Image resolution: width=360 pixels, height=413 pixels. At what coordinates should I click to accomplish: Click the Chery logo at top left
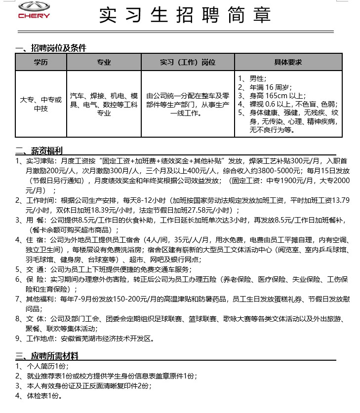(x=34, y=10)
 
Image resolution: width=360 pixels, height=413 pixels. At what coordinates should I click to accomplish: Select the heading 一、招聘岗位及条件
(x=51, y=48)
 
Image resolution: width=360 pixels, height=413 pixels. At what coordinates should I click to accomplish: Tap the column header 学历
(x=40, y=63)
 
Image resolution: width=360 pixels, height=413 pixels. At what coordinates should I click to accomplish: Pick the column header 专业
(x=104, y=63)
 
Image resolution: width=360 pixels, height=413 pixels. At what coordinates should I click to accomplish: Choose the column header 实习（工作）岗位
(x=188, y=63)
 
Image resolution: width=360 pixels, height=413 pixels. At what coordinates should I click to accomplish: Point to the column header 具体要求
(x=288, y=63)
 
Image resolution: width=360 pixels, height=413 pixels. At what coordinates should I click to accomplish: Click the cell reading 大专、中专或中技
(x=40, y=104)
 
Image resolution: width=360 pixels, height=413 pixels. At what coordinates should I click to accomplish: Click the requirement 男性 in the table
(x=258, y=78)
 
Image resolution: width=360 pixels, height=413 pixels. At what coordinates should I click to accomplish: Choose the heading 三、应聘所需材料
(x=48, y=356)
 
